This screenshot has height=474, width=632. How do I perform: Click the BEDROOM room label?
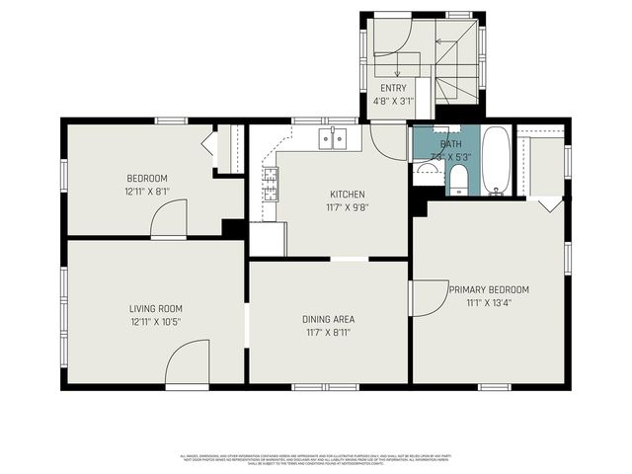pos(146,178)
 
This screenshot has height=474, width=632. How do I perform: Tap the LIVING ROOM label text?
pos(155,308)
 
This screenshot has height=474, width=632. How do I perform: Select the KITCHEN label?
pos(348,195)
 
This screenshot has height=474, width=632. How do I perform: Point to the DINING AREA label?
pos(328,319)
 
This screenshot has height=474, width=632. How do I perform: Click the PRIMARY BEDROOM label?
pos(489,289)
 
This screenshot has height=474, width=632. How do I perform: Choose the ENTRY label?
pos(393,88)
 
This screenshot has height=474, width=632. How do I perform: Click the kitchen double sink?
pos(333,139)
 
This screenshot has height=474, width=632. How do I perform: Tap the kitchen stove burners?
pos(270,181)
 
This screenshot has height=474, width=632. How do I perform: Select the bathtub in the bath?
pos(496,160)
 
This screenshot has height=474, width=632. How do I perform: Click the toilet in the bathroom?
pos(458,180)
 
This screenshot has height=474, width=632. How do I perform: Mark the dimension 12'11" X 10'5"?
pos(155,321)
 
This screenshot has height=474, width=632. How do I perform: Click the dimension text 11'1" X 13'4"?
pos(489,302)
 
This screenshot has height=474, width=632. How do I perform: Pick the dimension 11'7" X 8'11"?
pos(328,332)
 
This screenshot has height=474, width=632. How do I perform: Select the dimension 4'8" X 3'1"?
pos(393,100)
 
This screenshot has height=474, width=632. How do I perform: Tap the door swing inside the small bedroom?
pos(170,219)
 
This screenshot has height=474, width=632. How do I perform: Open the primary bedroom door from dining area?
pos(427,299)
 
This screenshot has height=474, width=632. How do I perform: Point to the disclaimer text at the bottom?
pos(316,458)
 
